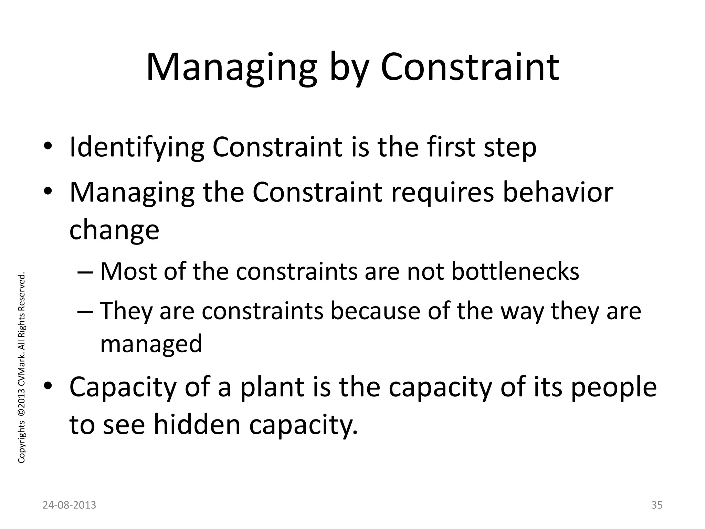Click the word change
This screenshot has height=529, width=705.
point(114,230)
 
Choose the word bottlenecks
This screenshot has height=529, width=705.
point(515,271)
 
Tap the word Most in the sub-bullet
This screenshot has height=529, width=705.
point(129,271)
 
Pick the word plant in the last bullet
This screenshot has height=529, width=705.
point(272,387)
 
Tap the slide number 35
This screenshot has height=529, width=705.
point(657,505)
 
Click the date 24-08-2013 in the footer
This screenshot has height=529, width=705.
point(69,505)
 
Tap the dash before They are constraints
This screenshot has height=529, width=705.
point(85,311)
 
